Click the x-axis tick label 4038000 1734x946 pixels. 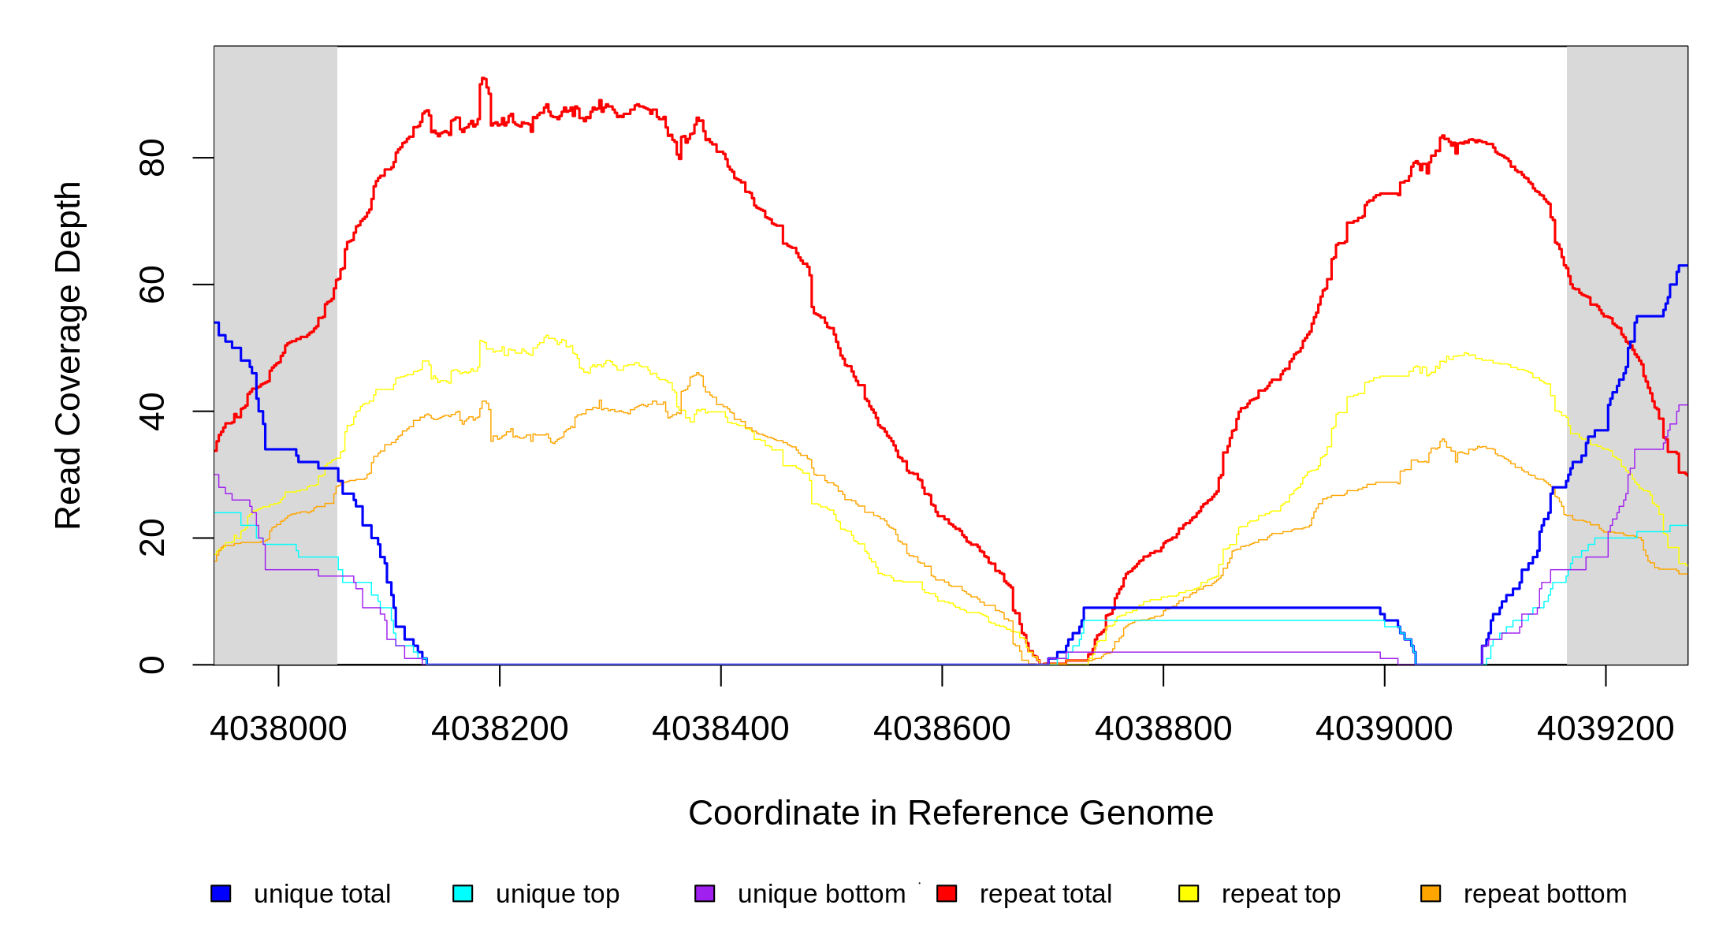(278, 729)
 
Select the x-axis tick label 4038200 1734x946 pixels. (500, 729)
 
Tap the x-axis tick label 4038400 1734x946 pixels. (720, 729)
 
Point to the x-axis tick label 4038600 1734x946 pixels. (942, 729)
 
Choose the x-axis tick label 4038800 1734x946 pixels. (1163, 729)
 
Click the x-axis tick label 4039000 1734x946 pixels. (1384, 729)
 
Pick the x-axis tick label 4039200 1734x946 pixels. (1606, 729)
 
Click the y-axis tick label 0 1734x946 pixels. (152, 665)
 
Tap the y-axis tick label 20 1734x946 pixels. (152, 538)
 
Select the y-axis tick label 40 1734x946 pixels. (152, 412)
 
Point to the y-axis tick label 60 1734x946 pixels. (152, 285)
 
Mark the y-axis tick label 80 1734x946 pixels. (152, 158)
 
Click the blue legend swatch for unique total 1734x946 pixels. (221, 893)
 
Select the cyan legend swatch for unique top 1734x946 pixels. (463, 893)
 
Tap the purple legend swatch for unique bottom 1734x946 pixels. (705, 893)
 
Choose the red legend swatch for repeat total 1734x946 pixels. (947, 893)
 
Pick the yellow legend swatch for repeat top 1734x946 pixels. (1189, 893)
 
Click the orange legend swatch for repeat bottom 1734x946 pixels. (1431, 893)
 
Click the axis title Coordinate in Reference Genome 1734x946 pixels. (951, 813)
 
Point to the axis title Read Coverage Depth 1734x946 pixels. (69, 355)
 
